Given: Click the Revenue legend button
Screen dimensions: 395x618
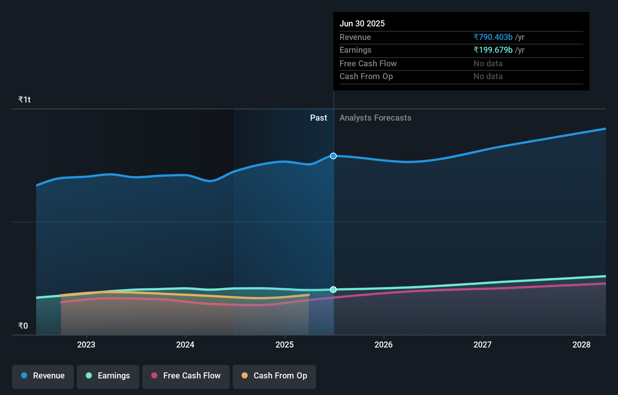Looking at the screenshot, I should tap(43, 376).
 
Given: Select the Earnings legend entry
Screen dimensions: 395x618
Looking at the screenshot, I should tap(108, 376).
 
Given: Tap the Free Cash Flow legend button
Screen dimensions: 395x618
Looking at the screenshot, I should tap(186, 376).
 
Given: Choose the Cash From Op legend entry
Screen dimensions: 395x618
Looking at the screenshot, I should tap(274, 376).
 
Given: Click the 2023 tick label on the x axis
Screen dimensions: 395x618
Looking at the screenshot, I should tap(86, 344).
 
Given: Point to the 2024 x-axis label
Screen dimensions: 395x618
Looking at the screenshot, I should tap(185, 344).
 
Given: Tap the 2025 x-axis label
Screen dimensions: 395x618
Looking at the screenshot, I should tap(285, 344).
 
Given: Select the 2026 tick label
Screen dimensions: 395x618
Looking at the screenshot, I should tap(384, 344).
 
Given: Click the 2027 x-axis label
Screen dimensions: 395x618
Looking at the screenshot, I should tap(483, 344).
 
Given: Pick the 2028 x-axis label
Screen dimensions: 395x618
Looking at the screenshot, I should tap(581, 344).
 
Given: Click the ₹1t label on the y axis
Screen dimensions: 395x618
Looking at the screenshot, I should tap(24, 100).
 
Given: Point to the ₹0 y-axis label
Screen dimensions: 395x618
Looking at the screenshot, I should tap(23, 326).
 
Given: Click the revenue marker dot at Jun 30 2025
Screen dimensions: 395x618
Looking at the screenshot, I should tap(333, 156).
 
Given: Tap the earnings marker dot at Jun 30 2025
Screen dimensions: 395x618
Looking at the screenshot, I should tap(333, 289).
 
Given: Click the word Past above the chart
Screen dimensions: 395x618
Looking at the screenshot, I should tap(318, 118).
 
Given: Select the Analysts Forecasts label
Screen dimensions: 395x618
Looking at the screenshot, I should tap(375, 118).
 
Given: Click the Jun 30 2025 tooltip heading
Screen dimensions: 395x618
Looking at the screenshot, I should tap(362, 23).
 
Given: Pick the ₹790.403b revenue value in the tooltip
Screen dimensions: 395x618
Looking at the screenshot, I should tap(493, 37).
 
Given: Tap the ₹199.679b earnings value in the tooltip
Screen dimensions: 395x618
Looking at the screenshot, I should tap(493, 50).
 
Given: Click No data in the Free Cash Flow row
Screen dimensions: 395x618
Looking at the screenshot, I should tap(488, 63).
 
